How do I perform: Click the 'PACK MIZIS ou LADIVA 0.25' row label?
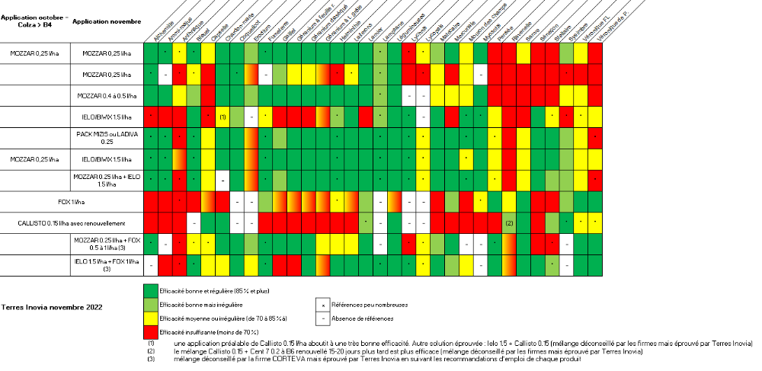(107, 138)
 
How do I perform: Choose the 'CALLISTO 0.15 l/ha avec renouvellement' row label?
(72, 223)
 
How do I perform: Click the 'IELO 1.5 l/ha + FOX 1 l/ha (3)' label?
(107, 265)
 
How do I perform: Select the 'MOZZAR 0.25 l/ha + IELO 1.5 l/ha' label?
(107, 181)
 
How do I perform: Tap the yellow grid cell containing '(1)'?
(223, 117)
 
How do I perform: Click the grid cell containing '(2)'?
(509, 223)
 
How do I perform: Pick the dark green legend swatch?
(152, 291)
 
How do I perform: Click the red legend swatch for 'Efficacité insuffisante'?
(152, 332)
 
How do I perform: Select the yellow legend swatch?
(152, 318)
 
